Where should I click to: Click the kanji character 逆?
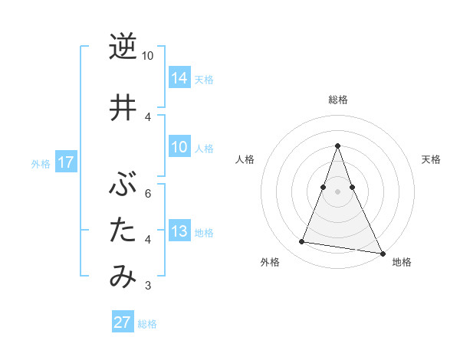(123, 47)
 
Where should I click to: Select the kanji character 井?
(123, 107)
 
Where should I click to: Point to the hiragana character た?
(123, 230)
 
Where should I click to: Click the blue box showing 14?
(179, 77)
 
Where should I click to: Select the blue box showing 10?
(179, 147)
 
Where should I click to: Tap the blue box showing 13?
(179, 231)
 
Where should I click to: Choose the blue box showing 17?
(66, 162)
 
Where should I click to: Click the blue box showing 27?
(123, 322)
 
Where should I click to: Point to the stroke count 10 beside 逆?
(147, 57)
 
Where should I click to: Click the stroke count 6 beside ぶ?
(148, 193)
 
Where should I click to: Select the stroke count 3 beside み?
(148, 286)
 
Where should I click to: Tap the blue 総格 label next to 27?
(147, 324)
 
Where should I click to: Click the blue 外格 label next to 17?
(41, 164)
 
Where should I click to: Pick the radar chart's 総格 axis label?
(337, 100)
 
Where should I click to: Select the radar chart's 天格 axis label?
(432, 159)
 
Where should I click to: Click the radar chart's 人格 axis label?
(245, 159)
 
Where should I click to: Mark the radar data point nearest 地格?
(382, 253)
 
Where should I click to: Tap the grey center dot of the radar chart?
(337, 191)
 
